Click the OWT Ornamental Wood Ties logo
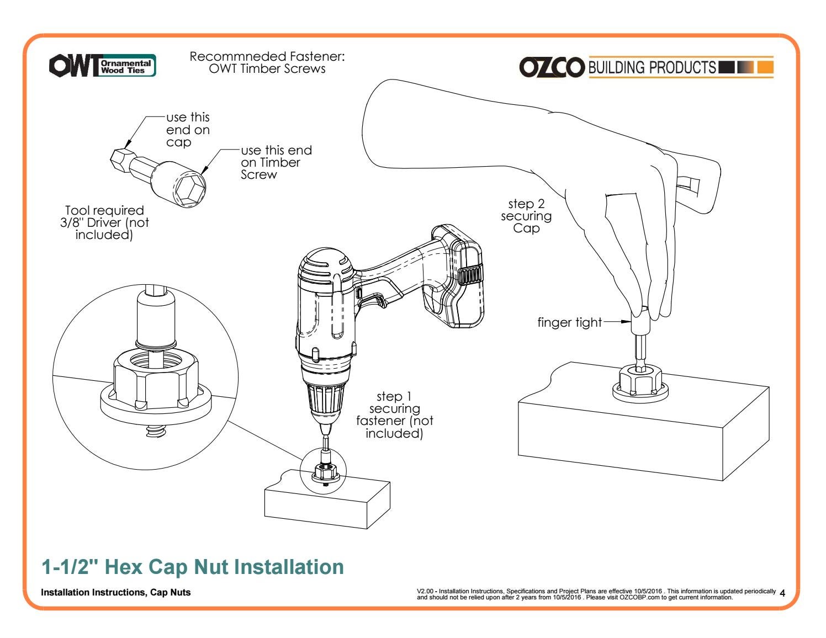pos(102,65)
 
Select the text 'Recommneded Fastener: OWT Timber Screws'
pos(267,62)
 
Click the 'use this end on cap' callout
pos(188,130)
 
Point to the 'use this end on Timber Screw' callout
pos(276,162)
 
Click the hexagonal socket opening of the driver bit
pos(189,189)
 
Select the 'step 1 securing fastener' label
pos(394,415)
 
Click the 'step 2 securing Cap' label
pos(526,216)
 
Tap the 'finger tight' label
pos(569,322)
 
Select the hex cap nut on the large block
pos(640,382)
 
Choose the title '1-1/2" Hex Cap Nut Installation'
pos(193,567)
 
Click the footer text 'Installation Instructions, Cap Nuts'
pos(116,592)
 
